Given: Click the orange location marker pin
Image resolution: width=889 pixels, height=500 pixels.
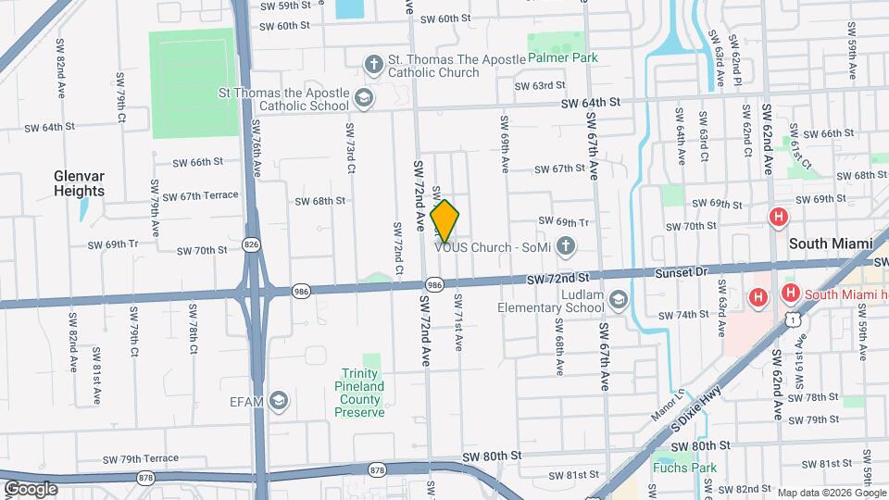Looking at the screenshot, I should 445,221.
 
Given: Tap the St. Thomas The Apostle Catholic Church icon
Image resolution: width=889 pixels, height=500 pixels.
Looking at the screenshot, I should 373,63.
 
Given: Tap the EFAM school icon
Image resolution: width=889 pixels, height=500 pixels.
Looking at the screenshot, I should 278,400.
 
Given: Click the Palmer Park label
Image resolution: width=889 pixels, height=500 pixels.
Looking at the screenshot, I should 562,57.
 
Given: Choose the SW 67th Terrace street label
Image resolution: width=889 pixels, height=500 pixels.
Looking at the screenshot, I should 200,196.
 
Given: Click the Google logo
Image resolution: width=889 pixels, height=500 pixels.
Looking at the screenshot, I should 31,488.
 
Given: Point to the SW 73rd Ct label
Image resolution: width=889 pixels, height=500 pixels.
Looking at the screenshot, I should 350,148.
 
